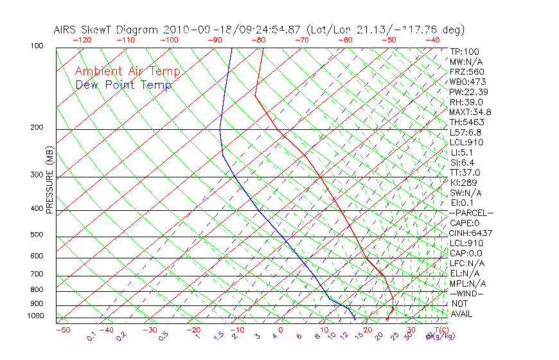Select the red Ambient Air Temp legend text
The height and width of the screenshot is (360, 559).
[128, 71]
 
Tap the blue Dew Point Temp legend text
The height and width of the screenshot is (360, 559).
[123, 85]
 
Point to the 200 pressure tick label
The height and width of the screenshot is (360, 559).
[37, 127]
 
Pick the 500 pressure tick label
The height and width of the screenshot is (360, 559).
[37, 235]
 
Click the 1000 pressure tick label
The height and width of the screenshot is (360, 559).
[35, 316]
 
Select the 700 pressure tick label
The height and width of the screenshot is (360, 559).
[37, 274]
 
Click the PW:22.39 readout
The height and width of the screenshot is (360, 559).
[466, 92]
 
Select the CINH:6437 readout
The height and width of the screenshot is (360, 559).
[468, 233]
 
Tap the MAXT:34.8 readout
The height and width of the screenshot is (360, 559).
[468, 112]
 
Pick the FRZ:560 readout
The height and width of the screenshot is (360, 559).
[466, 71]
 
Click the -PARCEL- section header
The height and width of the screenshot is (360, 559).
[471, 213]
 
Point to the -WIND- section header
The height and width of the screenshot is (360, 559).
[467, 293]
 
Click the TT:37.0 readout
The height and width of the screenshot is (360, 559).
[465, 172]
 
